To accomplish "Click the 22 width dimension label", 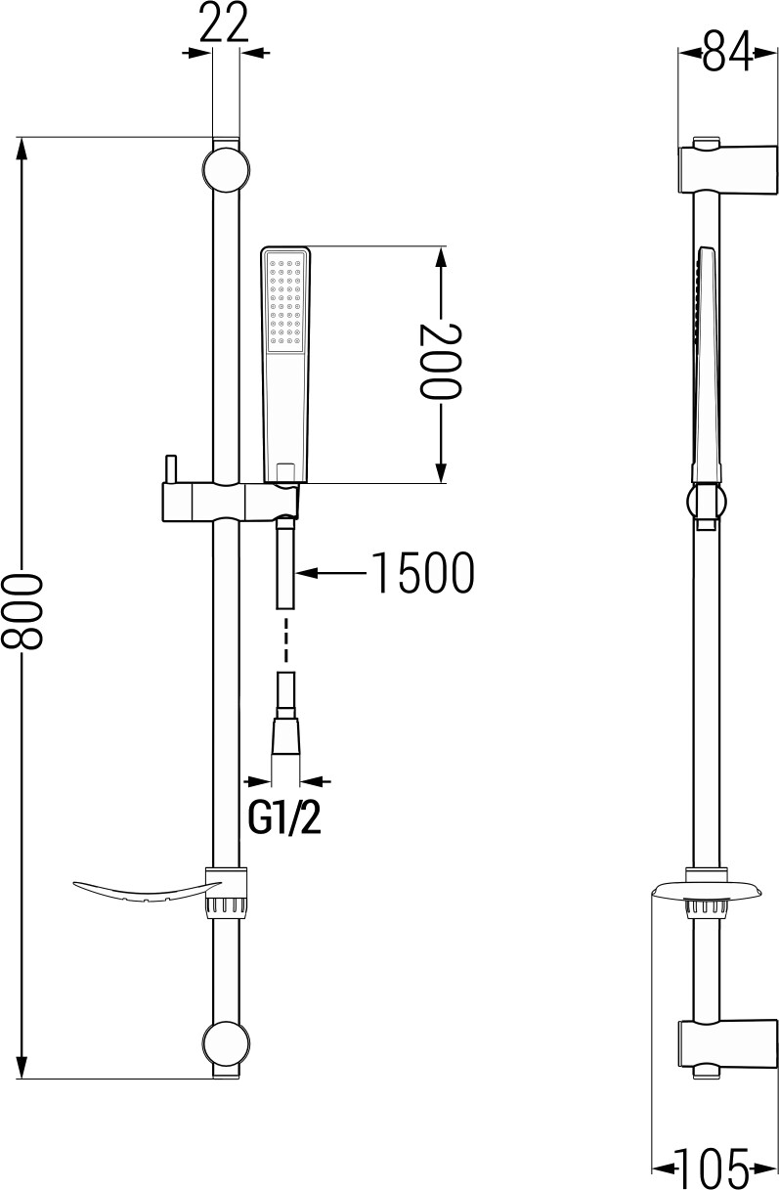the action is pos(224,22).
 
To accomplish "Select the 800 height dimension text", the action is pos(22,611).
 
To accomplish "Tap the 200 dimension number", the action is pos(440,360).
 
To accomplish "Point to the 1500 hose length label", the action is pos(422,572).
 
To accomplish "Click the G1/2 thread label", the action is pos(285,818).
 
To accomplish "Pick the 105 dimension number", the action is pos(711,1168).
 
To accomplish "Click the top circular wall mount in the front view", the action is pos(226,170).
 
